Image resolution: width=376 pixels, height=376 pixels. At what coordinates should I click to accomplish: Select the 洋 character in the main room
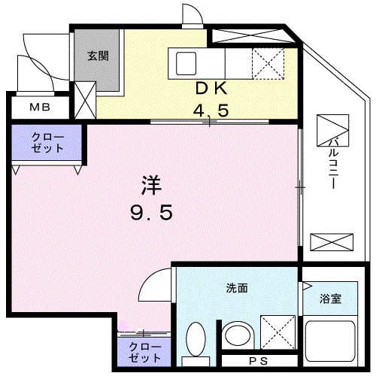click(151, 183)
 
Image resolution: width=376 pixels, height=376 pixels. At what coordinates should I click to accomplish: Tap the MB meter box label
click(38, 108)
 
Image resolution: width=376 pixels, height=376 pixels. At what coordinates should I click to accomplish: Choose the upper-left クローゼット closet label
click(47, 142)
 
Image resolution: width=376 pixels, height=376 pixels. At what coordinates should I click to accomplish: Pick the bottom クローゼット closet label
click(144, 352)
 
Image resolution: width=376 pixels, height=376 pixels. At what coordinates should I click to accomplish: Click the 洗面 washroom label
click(236, 288)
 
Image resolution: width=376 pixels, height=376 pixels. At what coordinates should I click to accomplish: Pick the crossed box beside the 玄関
click(86, 97)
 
